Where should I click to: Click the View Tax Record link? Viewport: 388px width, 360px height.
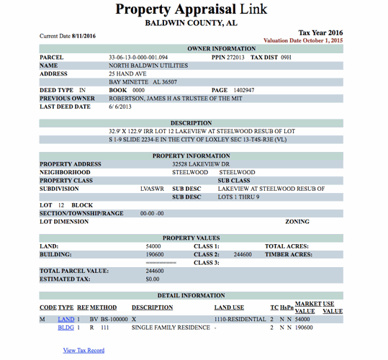(x=84, y=351)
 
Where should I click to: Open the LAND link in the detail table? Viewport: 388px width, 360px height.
(x=66, y=318)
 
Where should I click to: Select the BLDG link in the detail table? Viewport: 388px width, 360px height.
(x=66, y=328)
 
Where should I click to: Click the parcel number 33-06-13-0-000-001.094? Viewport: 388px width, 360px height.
(x=138, y=57)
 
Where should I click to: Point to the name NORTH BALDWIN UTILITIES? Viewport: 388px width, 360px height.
(x=148, y=65)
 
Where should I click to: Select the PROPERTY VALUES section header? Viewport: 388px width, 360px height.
(x=191, y=238)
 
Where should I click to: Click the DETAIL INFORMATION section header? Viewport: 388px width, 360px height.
(x=191, y=296)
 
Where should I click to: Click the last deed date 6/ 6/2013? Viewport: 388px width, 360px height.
(x=122, y=107)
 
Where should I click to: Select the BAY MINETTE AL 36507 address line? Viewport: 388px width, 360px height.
(x=143, y=82)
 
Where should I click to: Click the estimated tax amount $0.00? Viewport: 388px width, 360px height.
(x=153, y=279)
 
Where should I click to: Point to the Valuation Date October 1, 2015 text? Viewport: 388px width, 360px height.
(x=303, y=40)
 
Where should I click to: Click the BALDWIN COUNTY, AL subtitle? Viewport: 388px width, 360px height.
(x=191, y=23)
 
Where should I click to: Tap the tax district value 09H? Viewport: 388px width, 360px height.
(x=287, y=57)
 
